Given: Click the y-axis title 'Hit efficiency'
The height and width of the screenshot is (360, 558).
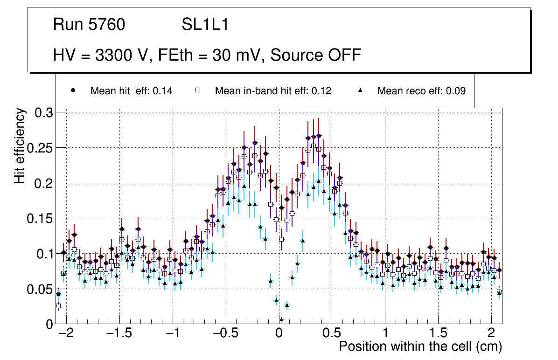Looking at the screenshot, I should click(x=20, y=146).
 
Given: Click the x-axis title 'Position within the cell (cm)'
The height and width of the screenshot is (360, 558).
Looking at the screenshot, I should click(x=420, y=347).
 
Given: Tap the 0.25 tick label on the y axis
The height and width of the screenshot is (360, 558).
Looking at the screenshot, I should click(x=40, y=148).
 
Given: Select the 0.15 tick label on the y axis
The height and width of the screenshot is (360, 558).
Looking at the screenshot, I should click(x=40, y=218).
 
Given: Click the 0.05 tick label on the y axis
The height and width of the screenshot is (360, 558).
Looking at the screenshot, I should click(x=40, y=289).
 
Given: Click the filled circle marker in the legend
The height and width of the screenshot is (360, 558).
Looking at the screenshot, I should click(x=73, y=90).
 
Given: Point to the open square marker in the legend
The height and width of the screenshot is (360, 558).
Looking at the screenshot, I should click(x=197, y=90).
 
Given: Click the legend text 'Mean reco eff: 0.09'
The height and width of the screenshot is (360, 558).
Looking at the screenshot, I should click(x=421, y=91).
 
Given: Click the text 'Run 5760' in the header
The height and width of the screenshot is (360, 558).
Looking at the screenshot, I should click(x=89, y=25).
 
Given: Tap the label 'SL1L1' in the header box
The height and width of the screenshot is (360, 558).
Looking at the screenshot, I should click(x=205, y=25).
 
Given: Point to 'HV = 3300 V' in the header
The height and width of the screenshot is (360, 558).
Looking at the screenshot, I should click(x=102, y=55).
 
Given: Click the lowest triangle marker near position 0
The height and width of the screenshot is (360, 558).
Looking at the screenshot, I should click(x=281, y=319).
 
